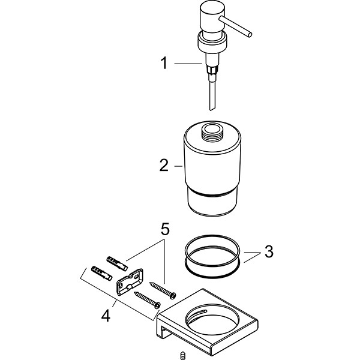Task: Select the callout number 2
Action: (163, 166)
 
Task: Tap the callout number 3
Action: (269, 251)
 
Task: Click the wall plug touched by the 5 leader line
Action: (117, 262)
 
